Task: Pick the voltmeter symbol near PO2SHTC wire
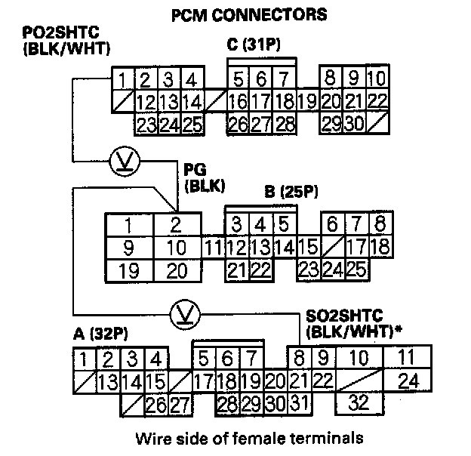pos(122,161)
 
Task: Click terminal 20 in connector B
pos(177,270)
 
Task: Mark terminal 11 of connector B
pos(213,247)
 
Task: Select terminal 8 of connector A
pos(298,359)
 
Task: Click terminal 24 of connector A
pos(407,381)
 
